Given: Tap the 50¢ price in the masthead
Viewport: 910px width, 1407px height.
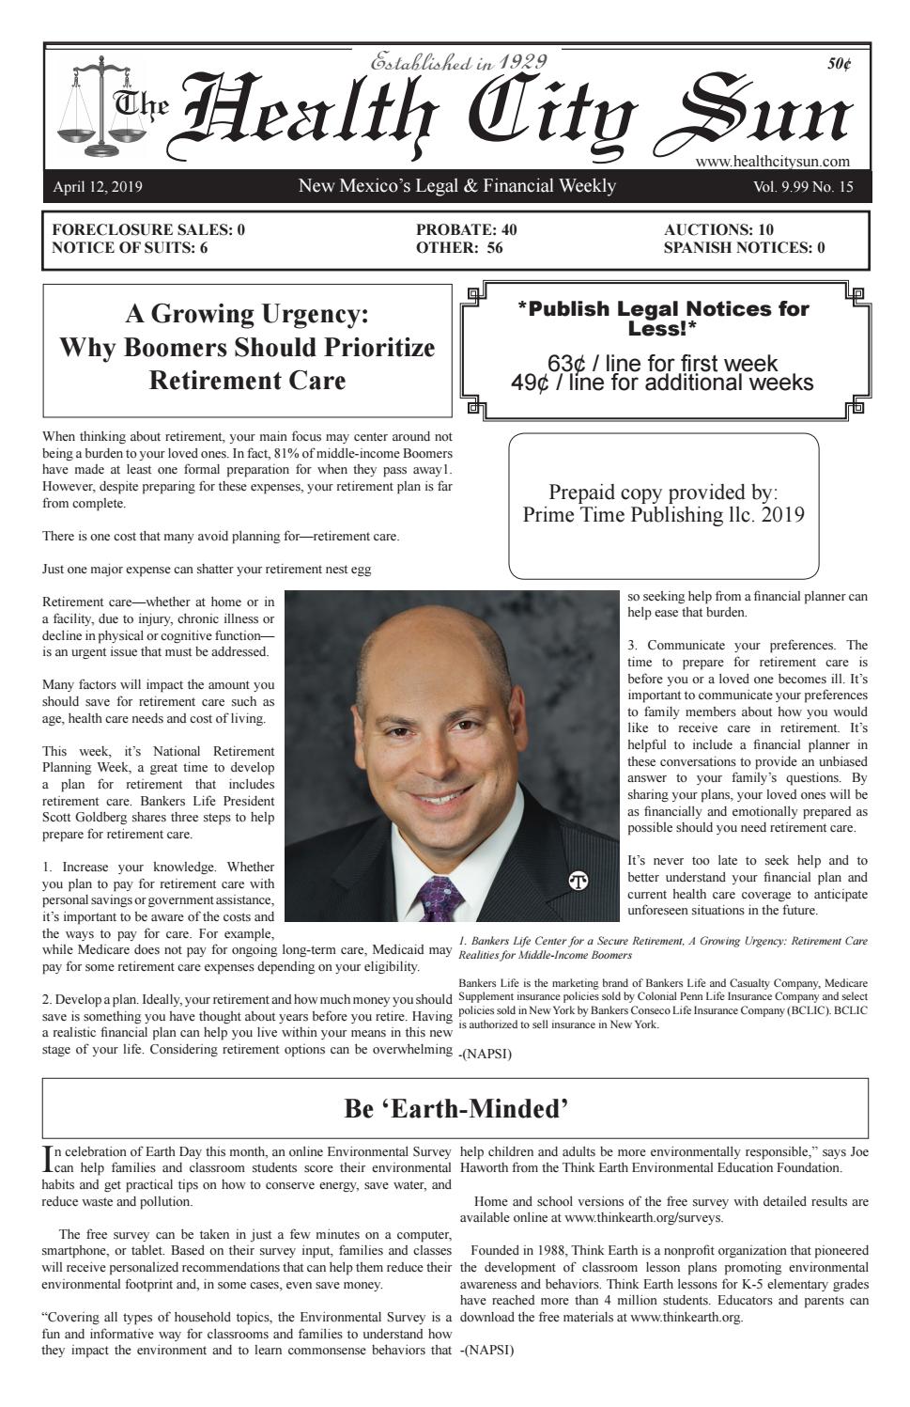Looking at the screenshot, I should [839, 65].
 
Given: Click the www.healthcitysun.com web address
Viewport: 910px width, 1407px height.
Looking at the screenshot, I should [772, 162].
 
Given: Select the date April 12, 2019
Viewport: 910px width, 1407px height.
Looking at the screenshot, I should [98, 187].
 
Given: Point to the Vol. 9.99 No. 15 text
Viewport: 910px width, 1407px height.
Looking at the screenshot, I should [803, 187].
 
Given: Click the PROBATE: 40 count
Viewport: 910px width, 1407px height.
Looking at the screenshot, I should [466, 229].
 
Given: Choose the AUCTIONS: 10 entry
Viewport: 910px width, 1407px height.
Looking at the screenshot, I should [718, 229].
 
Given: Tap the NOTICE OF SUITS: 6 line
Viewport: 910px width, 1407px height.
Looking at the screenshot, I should [130, 248].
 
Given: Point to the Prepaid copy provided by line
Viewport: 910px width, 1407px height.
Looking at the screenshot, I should [663, 492].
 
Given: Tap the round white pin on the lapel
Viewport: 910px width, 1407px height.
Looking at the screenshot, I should [578, 881].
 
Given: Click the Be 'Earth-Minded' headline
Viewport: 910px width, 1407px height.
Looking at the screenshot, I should [456, 1109].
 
